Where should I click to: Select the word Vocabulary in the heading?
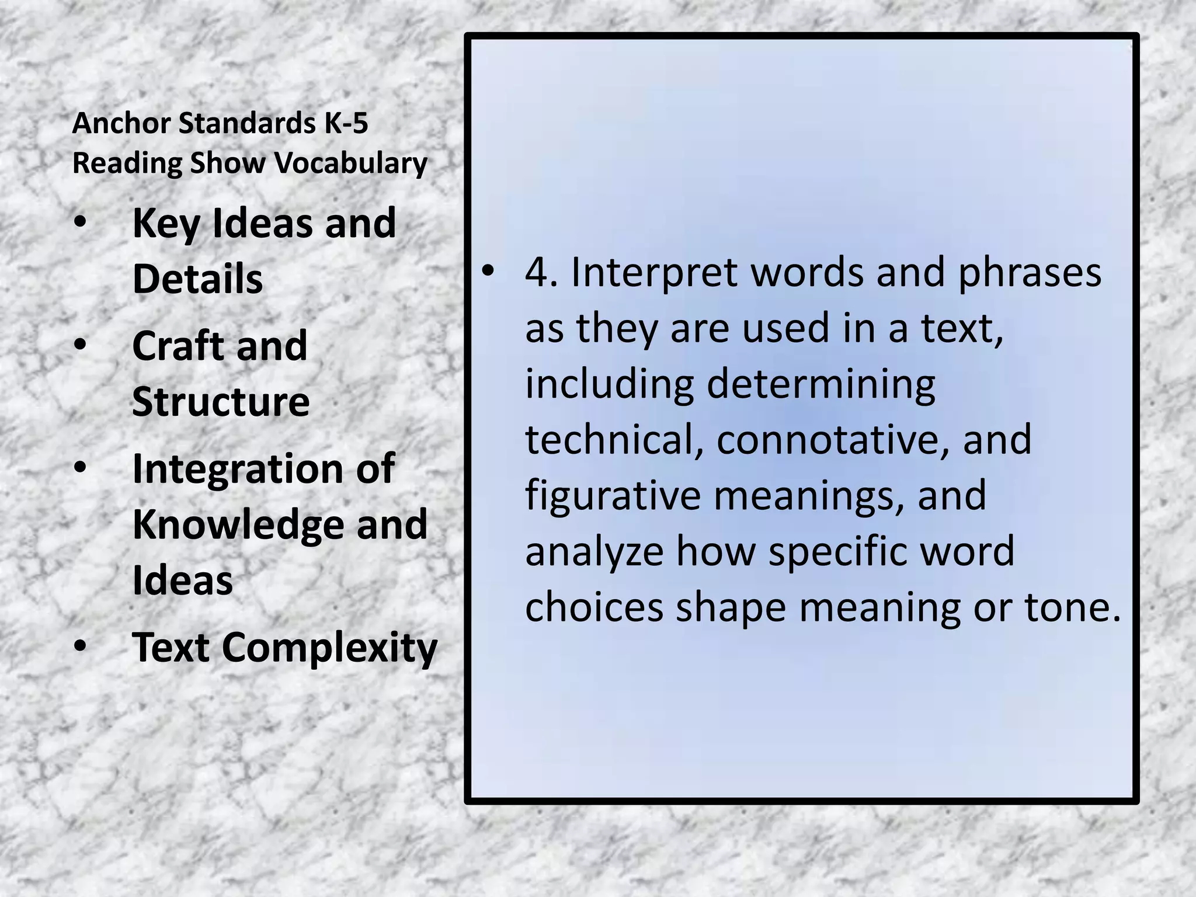pyautogui.click(x=352, y=163)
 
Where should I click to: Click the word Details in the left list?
pyautogui.click(x=197, y=279)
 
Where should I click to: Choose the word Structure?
pyautogui.click(x=221, y=401)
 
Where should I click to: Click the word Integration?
pyautogui.click(x=237, y=469)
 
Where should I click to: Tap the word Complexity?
pyautogui.click(x=329, y=648)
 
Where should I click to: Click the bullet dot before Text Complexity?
pyautogui.click(x=81, y=647)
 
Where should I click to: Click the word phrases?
pyautogui.click(x=1030, y=273)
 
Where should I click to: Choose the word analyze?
pyautogui.click(x=594, y=552)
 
